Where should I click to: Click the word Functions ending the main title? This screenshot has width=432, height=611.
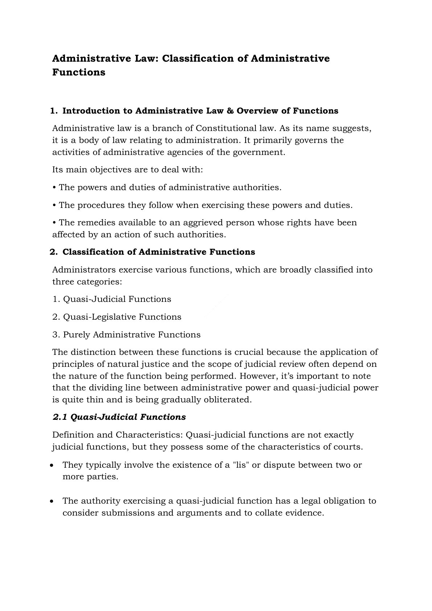click(79, 72)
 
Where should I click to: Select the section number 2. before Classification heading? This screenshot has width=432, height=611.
click(54, 252)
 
